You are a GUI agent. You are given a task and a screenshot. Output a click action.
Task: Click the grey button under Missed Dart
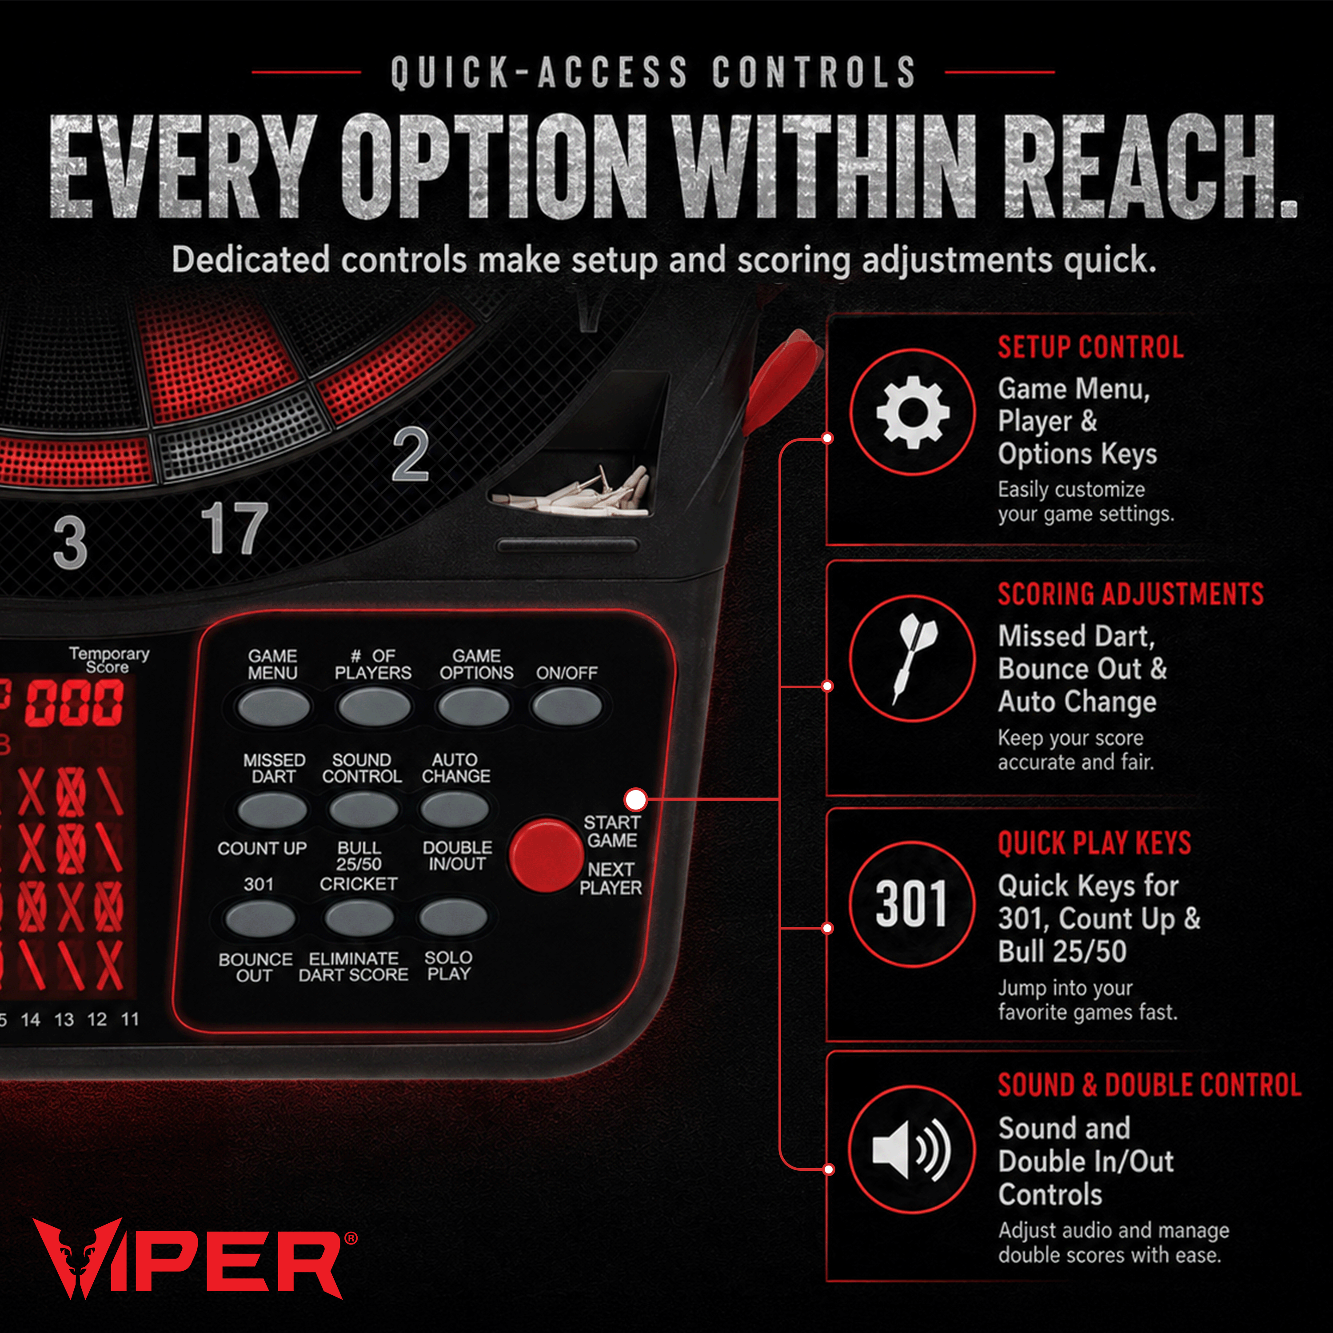tap(272, 809)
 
